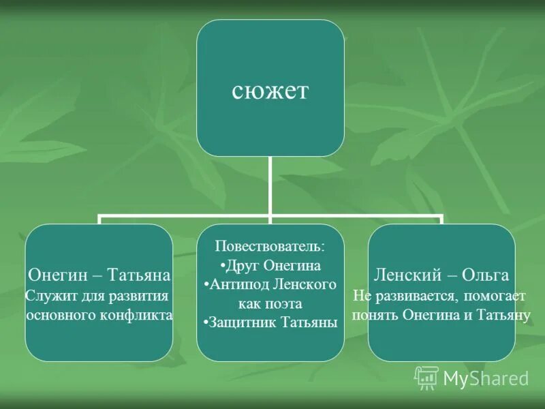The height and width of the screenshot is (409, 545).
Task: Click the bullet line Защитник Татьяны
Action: pos(270,322)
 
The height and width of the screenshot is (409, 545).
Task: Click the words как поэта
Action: pos(270,303)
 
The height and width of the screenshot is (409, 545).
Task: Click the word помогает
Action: pos(497,297)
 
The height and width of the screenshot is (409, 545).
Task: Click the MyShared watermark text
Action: pos(486,378)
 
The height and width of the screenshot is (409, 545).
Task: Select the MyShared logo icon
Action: pos(426,378)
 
